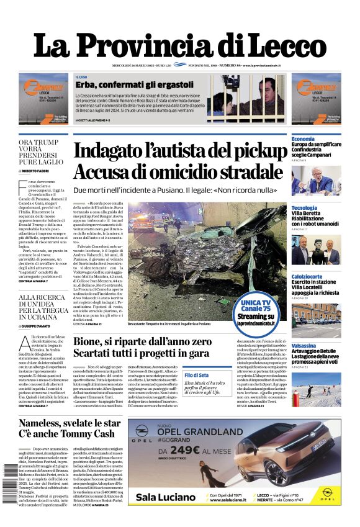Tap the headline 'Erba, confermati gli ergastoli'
134,84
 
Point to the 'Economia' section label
303,138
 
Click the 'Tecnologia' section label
304,207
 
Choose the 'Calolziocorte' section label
307,276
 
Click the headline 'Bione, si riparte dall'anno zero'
142,341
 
